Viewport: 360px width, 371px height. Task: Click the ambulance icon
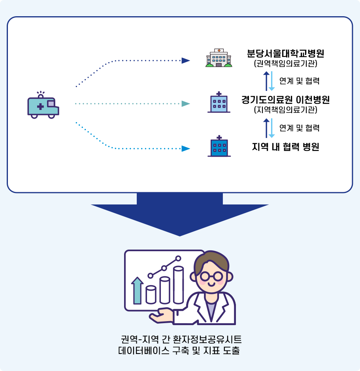43,106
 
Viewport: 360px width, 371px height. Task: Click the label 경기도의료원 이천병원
285,100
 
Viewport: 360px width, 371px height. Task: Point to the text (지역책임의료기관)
285,110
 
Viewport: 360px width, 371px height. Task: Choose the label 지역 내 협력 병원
285,147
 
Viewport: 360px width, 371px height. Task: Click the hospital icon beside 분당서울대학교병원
219,58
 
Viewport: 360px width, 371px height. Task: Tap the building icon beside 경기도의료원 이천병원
219,103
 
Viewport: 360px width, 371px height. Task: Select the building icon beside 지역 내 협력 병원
219,146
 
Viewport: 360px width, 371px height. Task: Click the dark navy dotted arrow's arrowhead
185,61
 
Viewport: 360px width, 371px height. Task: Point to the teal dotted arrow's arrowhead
185,104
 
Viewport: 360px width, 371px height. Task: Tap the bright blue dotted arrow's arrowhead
185,149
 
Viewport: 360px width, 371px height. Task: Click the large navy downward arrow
180,214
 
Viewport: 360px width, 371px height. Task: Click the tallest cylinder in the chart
178,285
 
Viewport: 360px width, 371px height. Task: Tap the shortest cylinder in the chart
151,295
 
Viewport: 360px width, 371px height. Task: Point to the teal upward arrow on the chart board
137,291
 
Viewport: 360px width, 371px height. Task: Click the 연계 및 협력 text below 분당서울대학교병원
299,81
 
